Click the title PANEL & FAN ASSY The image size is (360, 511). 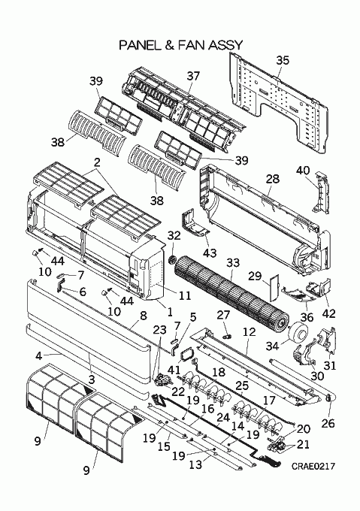point(181,45)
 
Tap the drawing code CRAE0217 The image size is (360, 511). point(313,467)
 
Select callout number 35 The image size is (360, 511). point(283,61)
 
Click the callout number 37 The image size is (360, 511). point(193,76)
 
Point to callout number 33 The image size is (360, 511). point(232,263)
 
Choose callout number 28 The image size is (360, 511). point(272,179)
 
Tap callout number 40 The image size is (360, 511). point(303,171)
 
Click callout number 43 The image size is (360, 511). point(210,253)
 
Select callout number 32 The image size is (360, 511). point(174,236)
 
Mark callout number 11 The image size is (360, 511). point(185,295)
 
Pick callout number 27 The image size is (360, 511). point(223,316)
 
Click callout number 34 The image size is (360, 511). point(272,346)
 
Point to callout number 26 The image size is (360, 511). point(328,423)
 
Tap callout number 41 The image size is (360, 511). point(174,370)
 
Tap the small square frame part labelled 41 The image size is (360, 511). point(186,355)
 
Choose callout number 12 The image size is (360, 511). point(250,331)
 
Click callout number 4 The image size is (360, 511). point(39,356)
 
